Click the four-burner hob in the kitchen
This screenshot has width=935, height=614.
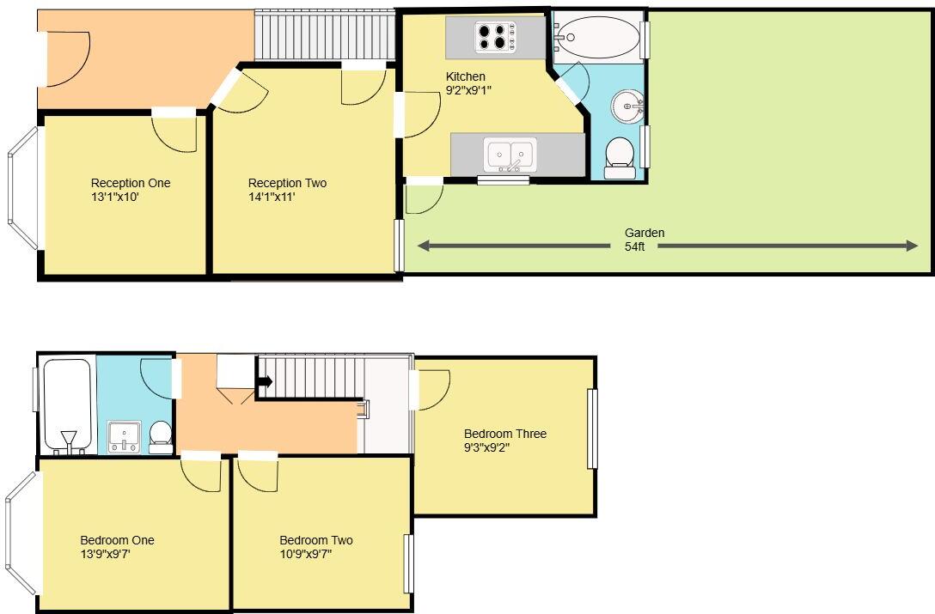pos(495,37)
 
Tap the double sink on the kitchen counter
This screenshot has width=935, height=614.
pos(511,155)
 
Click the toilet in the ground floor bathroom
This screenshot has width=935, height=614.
pos(619,157)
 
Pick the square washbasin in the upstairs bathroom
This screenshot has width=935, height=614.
pos(125,435)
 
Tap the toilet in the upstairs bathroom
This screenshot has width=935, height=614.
pos(160,435)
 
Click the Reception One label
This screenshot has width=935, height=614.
pos(131,183)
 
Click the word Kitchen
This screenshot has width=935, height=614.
pos(465,76)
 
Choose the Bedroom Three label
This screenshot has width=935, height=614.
pos(505,434)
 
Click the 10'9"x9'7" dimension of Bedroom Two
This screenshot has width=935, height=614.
pos(306,554)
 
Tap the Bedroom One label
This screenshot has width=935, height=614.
pos(117,540)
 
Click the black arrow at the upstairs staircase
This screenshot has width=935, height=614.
pos(264,381)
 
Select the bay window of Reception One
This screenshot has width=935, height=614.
pos(22,188)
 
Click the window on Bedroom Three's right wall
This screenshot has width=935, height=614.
pos(591,429)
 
